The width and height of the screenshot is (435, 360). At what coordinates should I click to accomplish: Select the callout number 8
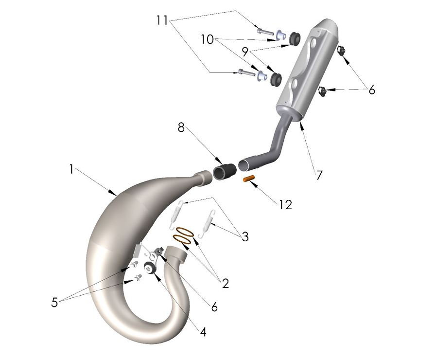[181, 127]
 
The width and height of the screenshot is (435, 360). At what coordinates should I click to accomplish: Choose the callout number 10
[208, 39]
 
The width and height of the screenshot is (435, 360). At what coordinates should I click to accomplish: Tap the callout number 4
[203, 332]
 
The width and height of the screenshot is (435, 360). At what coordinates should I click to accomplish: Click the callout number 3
[245, 237]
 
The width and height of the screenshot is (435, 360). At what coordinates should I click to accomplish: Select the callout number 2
[225, 283]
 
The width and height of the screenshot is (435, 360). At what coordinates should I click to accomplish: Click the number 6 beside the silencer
[371, 90]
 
